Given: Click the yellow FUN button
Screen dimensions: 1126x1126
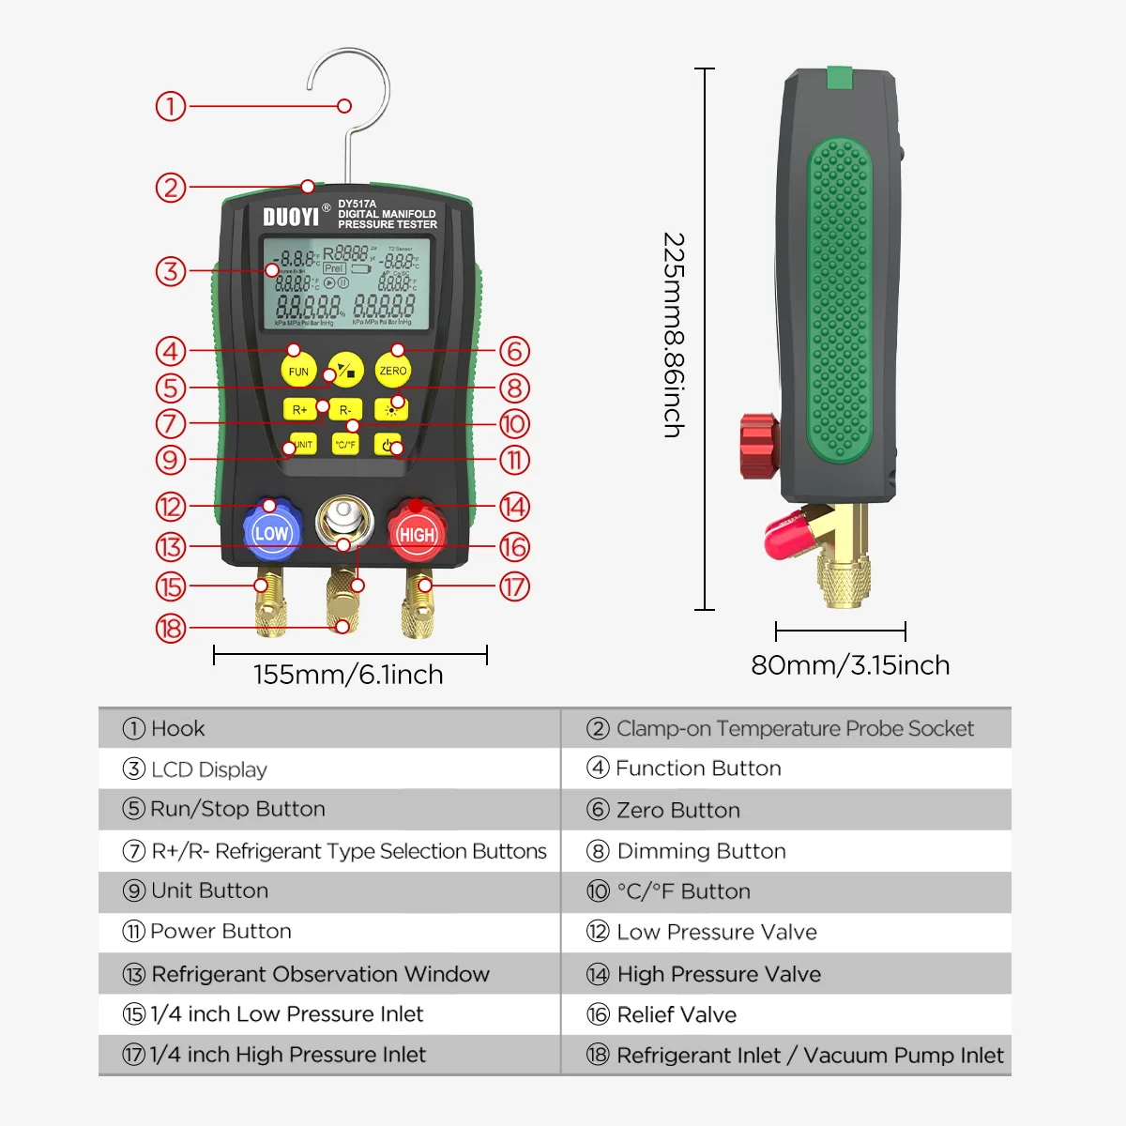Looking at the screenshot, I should pos(298,371).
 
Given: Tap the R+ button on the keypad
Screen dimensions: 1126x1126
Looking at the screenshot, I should pos(299,409).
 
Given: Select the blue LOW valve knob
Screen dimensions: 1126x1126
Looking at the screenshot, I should pos(271,533).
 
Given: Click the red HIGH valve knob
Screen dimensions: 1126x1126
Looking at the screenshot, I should pos(417,533).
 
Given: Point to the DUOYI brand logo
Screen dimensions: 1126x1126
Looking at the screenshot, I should pos(291,217).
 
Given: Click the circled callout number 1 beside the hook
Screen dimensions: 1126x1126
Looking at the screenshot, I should pos(171,106).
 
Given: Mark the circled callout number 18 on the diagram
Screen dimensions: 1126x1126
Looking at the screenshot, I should pos(171,628).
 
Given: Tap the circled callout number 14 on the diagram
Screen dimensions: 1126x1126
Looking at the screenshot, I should pos(514,507).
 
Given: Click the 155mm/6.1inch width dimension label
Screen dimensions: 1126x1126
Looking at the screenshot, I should pos(348,675).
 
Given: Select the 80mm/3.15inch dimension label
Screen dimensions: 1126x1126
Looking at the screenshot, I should pos(850,665).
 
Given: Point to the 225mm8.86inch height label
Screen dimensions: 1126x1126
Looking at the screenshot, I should pos(674,335).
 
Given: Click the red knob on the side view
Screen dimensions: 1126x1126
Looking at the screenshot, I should pos(759,445).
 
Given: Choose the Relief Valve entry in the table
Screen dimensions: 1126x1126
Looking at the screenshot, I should pos(676,1014).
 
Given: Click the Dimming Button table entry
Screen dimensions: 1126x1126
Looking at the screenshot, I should pos(700,851).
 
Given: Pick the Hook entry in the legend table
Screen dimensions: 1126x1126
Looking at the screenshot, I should pos(177,728).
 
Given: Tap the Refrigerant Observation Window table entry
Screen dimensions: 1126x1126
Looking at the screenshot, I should pos(319,974).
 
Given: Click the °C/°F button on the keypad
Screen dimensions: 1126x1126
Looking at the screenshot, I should pos(345,444).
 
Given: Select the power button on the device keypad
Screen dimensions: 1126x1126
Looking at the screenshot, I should pos(388,444).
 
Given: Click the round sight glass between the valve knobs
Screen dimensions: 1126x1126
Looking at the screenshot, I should pos(344,522).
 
